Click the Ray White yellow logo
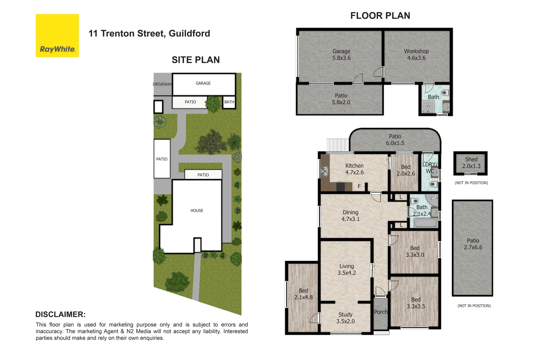[x=57, y=36]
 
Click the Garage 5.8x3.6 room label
[x=341, y=55]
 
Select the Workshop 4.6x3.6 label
[x=416, y=55]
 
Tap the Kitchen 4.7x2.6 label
[x=354, y=169]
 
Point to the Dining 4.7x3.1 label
[x=350, y=216]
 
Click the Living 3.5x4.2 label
[x=347, y=269]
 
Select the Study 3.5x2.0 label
[x=345, y=318]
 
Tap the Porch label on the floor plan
[x=381, y=312]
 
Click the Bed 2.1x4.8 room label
[x=303, y=294]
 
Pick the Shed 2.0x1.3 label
[x=471, y=163]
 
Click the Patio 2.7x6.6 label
[x=473, y=244]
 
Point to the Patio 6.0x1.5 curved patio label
[x=395, y=140]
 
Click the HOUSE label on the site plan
[x=197, y=211]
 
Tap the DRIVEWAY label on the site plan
[x=162, y=84]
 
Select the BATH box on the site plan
[x=229, y=102]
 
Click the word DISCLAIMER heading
[x=60, y=314]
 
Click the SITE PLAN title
[x=196, y=60]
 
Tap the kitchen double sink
[x=324, y=171]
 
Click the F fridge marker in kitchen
[x=359, y=187]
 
